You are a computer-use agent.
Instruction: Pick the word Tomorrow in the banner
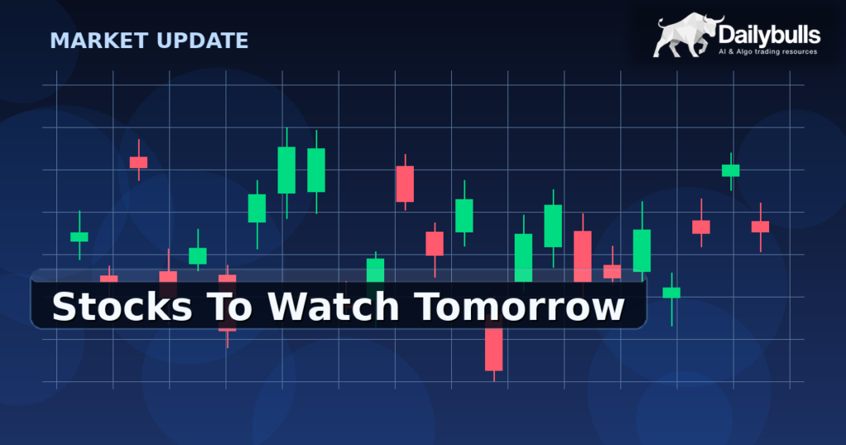[519, 308]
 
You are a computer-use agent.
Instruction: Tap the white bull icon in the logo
[687, 37]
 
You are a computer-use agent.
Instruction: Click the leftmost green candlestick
[79, 237]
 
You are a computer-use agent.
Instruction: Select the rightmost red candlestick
[760, 227]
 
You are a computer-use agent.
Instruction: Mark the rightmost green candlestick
[730, 170]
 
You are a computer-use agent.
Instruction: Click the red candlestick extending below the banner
[494, 349]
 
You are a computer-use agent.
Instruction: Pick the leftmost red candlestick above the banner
[138, 162]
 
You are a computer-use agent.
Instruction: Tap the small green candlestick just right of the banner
[672, 292]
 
